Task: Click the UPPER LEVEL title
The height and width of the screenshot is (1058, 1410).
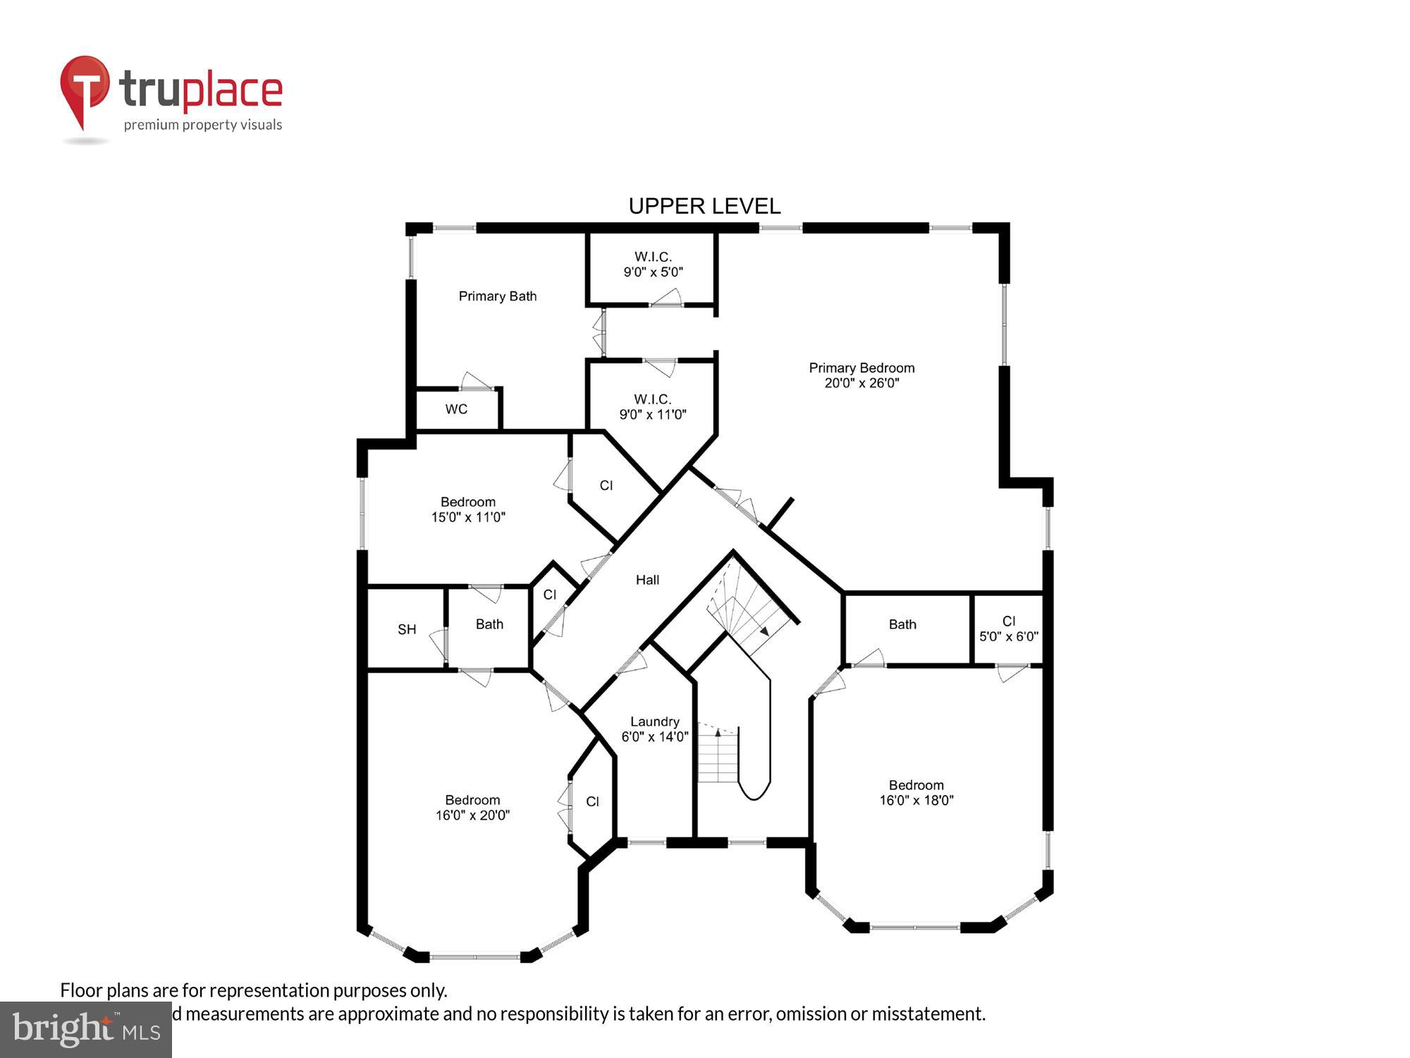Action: [704, 206]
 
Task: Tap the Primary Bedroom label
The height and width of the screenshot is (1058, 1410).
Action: [862, 375]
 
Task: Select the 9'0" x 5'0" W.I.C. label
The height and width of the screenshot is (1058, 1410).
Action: [653, 264]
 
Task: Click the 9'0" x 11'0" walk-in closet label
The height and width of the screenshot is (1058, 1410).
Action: [653, 407]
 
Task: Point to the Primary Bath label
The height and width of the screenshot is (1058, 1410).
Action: [497, 296]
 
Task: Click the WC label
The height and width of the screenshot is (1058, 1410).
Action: [456, 409]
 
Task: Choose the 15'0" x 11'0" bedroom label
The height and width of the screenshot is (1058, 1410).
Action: [468, 509]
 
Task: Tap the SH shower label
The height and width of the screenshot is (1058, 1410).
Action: [407, 629]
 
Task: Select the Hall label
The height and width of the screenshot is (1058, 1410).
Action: [647, 580]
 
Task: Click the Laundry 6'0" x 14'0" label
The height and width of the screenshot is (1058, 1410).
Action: [654, 729]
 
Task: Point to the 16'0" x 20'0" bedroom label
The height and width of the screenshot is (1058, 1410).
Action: [472, 807]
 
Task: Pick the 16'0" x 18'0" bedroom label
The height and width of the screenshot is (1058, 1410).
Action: [916, 792]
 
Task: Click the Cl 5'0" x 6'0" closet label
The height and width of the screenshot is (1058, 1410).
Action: [1008, 628]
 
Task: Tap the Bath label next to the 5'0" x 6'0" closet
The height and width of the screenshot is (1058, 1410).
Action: [902, 624]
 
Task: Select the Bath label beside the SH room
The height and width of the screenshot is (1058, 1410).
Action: [489, 624]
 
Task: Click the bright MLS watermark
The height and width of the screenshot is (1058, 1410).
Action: [85, 1030]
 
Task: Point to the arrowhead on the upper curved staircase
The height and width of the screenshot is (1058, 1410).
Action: [764, 631]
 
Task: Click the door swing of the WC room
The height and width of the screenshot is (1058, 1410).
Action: [476, 382]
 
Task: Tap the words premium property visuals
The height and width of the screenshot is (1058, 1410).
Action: [203, 126]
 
